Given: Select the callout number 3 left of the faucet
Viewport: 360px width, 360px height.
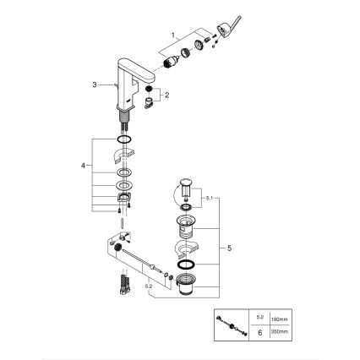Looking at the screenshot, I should click(x=96, y=85).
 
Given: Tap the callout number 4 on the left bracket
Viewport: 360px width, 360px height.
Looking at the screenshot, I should click(x=83, y=166).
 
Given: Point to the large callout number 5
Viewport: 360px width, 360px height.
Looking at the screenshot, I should click(x=225, y=248).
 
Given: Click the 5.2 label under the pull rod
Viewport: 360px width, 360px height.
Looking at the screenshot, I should click(x=150, y=286).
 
